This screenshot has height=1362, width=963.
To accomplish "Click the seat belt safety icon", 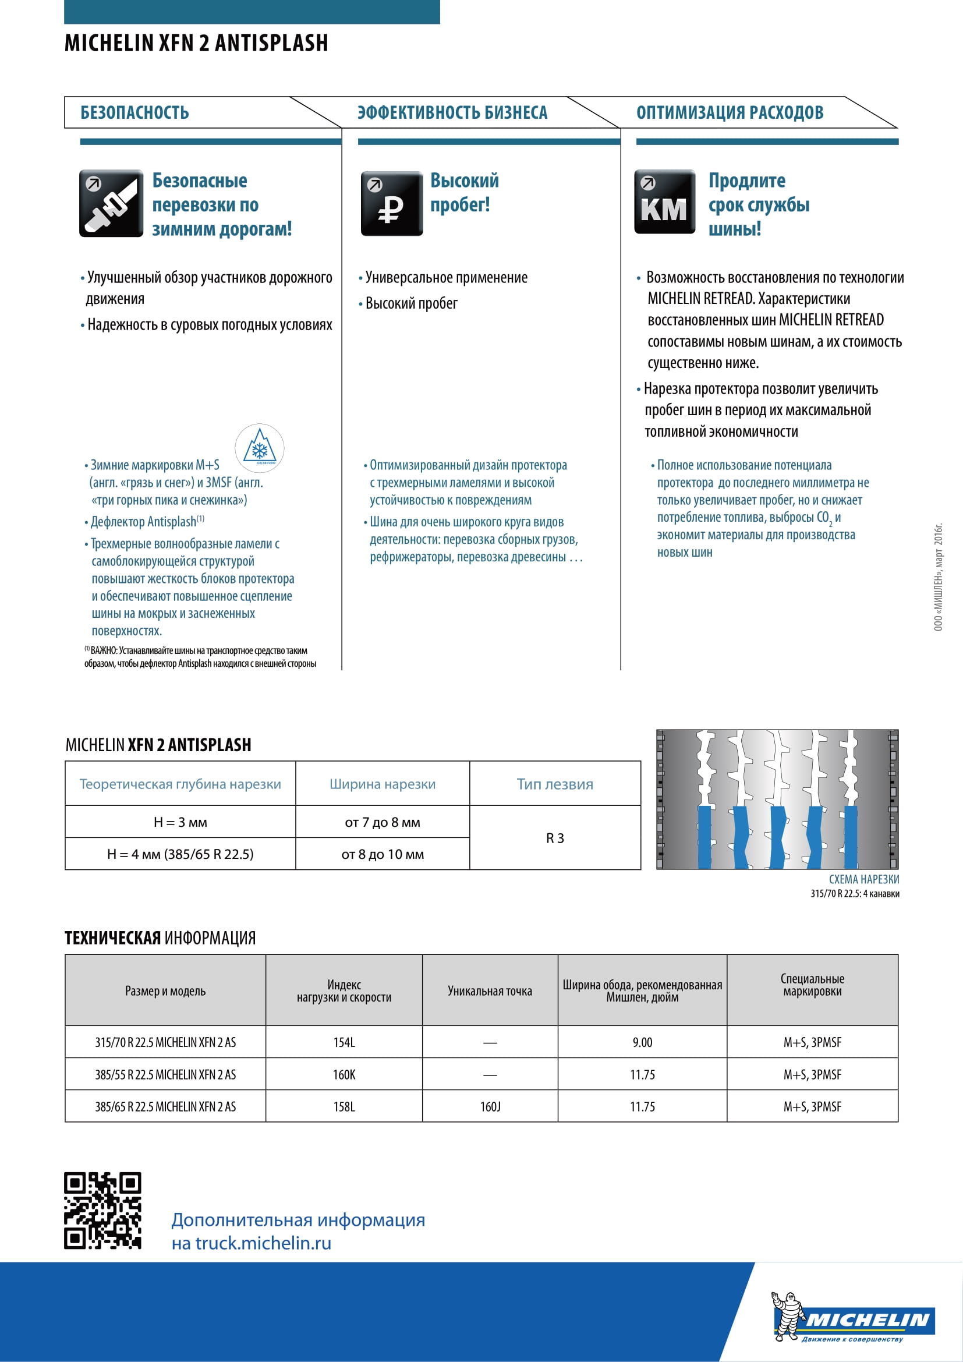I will (x=111, y=203).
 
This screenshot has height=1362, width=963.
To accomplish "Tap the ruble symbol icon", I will (x=391, y=203).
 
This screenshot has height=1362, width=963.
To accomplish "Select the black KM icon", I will (x=664, y=202).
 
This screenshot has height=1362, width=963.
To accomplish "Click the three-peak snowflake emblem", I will (x=259, y=448).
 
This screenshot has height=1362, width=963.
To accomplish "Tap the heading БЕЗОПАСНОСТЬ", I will (x=134, y=113).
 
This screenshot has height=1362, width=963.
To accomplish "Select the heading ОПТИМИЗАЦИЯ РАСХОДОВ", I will (x=730, y=113).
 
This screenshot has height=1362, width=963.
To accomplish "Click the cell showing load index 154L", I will (x=344, y=1042).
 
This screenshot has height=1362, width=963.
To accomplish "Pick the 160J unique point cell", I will (x=490, y=1106).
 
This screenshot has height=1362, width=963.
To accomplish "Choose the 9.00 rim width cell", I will (x=642, y=1042).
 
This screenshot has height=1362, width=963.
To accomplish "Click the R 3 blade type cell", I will (x=555, y=838).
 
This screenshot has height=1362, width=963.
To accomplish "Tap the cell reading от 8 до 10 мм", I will (x=383, y=854).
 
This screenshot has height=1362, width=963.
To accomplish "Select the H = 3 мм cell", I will (x=180, y=822).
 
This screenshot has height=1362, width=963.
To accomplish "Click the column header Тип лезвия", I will (x=555, y=784).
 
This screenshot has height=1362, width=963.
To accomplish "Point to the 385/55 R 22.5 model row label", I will (x=165, y=1074).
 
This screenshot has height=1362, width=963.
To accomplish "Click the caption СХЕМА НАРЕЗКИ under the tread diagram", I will (x=863, y=879).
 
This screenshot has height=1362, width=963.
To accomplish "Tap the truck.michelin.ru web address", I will (x=263, y=1243).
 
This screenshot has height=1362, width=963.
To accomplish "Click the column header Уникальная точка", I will (x=490, y=990).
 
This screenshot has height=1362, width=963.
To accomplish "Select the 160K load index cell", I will (x=344, y=1074).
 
